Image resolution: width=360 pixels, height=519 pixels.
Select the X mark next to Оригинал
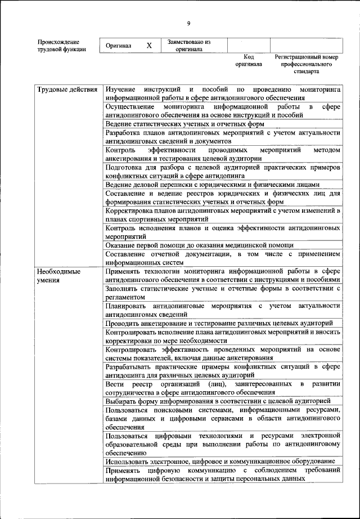[x=148, y=46]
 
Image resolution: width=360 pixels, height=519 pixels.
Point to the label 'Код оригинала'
[x=249, y=60]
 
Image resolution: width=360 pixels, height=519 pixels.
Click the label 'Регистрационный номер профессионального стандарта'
[x=306, y=64]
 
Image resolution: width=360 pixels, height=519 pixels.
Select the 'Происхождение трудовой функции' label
[x=62, y=46]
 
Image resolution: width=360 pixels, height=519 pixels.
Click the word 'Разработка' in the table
[x=124, y=133]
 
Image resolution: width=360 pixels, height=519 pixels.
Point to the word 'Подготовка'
[x=125, y=167]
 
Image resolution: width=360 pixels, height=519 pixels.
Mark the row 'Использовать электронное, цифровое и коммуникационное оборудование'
[x=220, y=461]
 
